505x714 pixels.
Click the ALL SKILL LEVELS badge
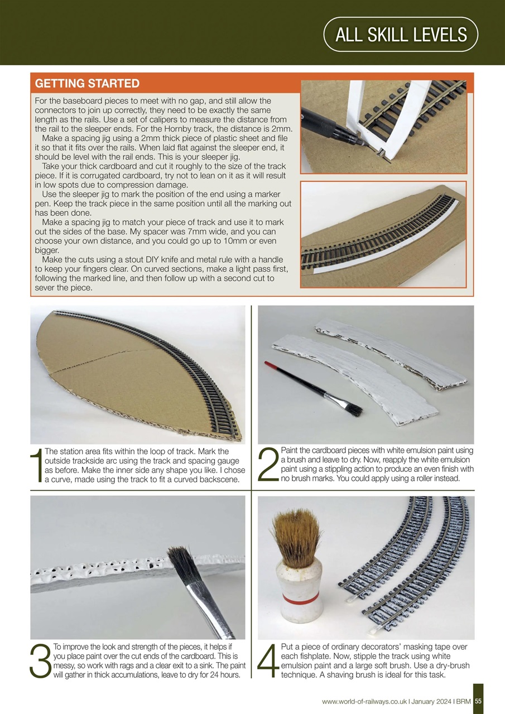(401, 35)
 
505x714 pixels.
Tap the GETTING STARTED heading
(87, 84)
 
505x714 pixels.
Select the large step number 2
(268, 465)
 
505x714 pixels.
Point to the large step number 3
(40, 660)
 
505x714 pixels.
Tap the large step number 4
(268, 660)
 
